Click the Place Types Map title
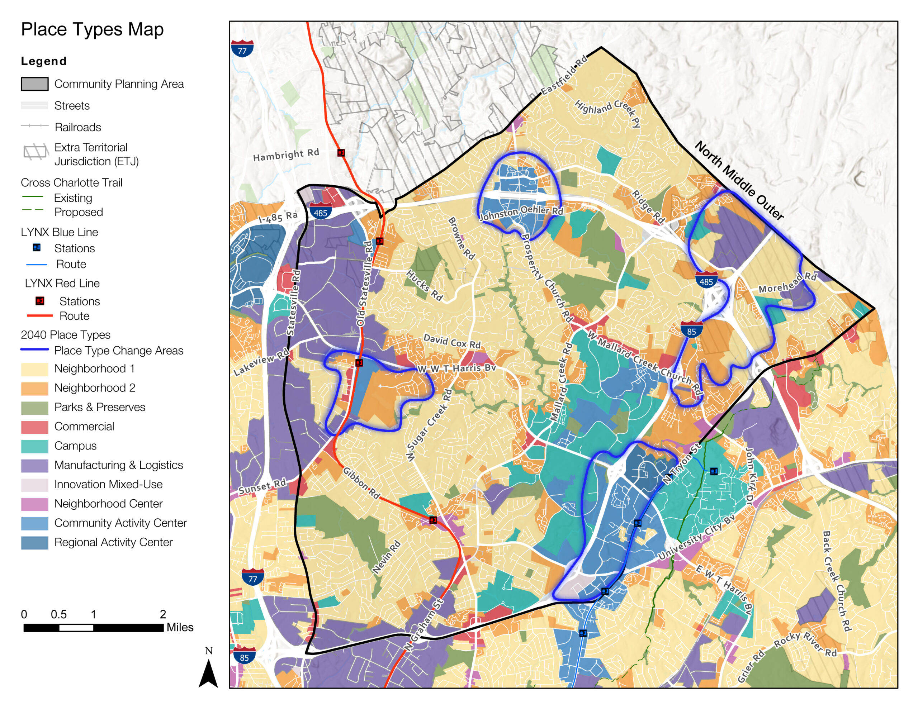[x=92, y=29]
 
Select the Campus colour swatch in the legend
[x=34, y=446]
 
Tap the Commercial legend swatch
[x=34, y=427]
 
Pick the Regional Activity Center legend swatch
[x=34, y=543]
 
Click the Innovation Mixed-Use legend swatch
[x=34, y=485]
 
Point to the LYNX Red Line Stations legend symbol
[x=40, y=301]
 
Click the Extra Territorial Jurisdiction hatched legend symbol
[x=35, y=152]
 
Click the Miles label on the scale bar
[x=180, y=628]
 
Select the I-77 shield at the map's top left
[x=242, y=49]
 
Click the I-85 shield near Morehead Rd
[x=691, y=330]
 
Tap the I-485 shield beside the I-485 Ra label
[x=320, y=211]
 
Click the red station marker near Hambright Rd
[x=341, y=153]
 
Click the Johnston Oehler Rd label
[x=521, y=212]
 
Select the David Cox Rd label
[x=452, y=341]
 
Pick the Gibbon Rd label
[x=361, y=483]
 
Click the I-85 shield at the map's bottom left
[x=244, y=656]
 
